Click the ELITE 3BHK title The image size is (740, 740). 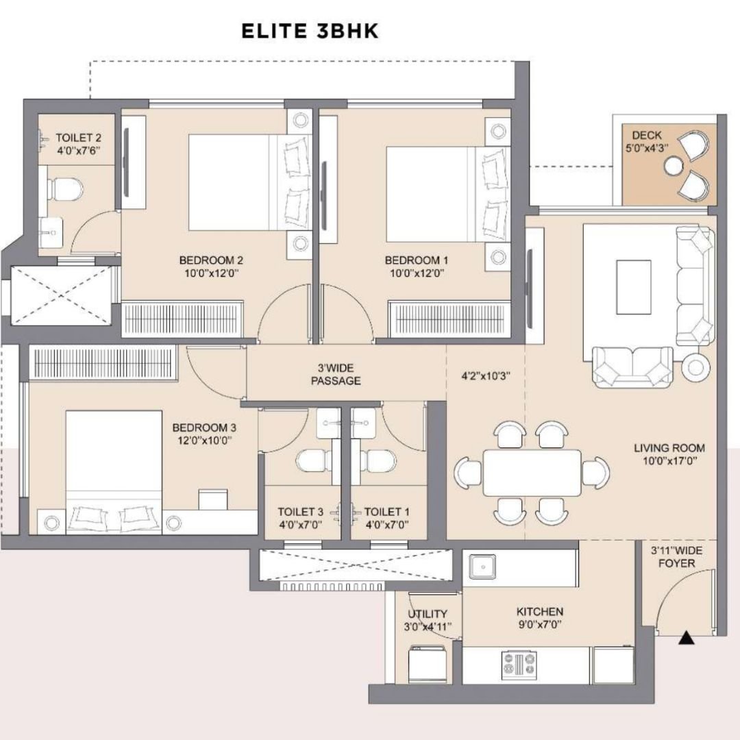(x=310, y=31)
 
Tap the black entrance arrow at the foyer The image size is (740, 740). (x=687, y=639)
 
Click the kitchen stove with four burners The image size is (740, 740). (x=519, y=663)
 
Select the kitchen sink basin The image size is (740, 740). (x=482, y=567)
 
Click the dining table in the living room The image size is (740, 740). (x=532, y=473)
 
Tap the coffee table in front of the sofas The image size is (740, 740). (x=633, y=286)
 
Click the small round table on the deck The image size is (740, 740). (x=673, y=166)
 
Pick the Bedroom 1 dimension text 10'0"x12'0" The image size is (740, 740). (x=417, y=273)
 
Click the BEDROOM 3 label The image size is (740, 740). (x=204, y=428)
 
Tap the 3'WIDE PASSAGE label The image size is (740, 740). (x=336, y=374)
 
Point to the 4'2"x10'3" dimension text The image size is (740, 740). (x=486, y=376)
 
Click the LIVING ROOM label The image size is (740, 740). (x=669, y=448)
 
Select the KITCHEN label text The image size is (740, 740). (x=540, y=612)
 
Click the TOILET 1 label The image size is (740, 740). (x=387, y=512)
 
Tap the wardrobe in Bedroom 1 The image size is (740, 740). (x=449, y=319)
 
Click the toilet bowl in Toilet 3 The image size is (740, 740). (x=314, y=461)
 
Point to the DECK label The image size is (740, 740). (x=647, y=135)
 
